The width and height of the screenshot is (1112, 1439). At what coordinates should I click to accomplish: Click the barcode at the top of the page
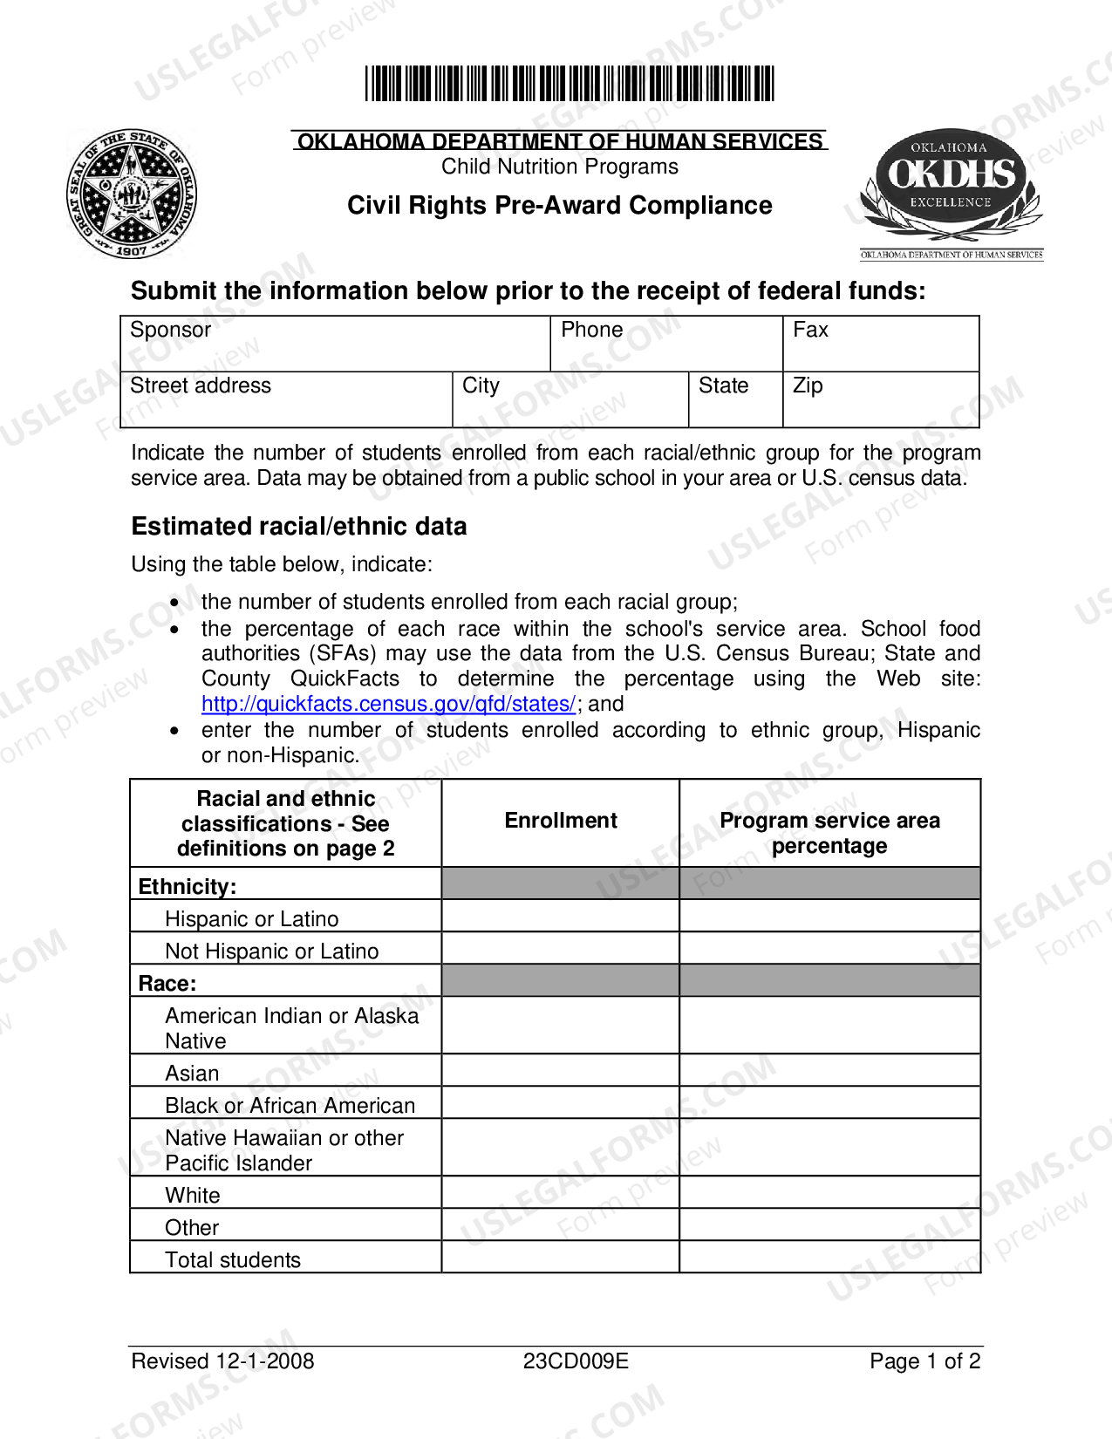[x=569, y=84]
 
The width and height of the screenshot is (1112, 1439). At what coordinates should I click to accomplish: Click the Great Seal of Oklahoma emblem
[x=132, y=194]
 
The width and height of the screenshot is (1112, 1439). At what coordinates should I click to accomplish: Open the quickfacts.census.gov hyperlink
[x=388, y=704]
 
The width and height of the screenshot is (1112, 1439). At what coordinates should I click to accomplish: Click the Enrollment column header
[x=560, y=821]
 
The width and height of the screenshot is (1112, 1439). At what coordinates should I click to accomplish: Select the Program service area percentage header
[x=829, y=833]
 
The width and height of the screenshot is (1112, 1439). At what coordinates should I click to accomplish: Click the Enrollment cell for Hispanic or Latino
[x=560, y=916]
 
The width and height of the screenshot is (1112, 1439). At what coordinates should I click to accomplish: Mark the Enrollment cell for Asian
[x=560, y=1070]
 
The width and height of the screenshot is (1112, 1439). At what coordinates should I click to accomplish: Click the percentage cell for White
[x=829, y=1192]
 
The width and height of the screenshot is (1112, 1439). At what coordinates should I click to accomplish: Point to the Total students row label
[x=233, y=1260]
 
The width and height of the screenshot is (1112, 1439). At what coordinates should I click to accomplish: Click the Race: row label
[x=167, y=984]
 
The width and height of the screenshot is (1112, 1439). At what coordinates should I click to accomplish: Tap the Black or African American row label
[x=290, y=1106]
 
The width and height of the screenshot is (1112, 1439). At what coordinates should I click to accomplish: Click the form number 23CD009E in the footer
[x=576, y=1361]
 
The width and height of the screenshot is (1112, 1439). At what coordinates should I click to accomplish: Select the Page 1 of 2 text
[x=924, y=1361]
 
